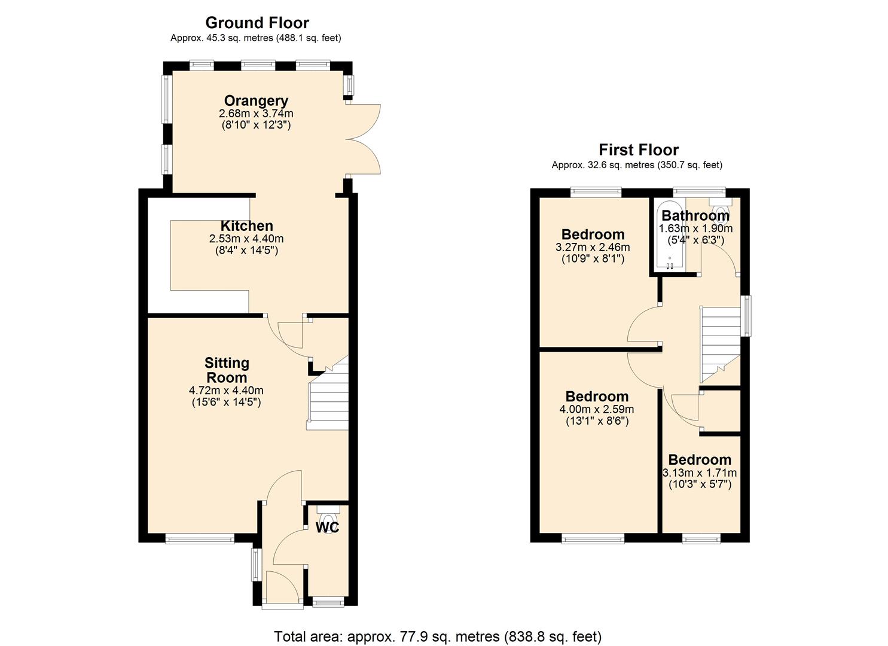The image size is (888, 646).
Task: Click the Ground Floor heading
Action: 257,23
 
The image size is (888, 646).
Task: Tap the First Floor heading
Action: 639,150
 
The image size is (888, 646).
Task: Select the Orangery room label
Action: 256,100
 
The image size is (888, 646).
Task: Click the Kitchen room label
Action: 246,226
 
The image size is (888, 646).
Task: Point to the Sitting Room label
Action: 227,370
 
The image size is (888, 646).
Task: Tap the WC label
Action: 327,528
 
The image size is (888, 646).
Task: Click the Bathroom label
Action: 695,215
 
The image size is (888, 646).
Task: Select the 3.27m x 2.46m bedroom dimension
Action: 593,247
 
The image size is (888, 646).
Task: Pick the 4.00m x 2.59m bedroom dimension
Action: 596,409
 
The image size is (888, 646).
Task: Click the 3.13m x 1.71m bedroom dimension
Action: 700,473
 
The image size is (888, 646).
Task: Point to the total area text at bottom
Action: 438,636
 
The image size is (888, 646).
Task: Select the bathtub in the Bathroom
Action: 669,239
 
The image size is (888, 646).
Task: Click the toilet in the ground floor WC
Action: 327,515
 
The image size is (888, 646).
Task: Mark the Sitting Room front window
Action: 200,540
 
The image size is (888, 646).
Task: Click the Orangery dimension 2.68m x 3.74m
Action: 256,113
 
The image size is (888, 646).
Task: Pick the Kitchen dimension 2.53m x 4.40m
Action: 246,239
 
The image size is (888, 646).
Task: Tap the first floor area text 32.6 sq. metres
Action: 637,165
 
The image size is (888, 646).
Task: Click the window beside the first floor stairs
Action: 746,315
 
